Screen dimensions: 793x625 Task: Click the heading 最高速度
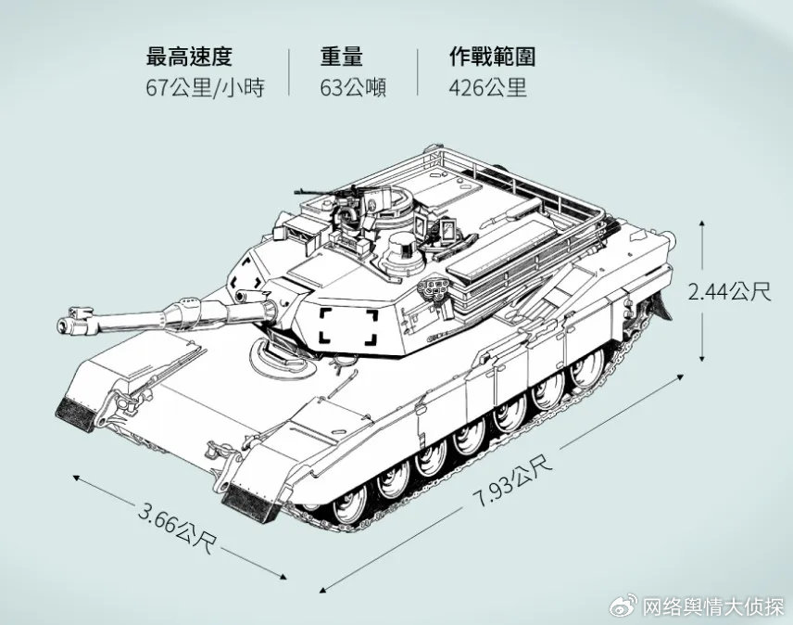(189, 57)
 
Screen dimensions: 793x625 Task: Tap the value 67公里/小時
(206, 87)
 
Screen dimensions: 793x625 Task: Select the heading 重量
(341, 57)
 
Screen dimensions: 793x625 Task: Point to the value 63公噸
(353, 87)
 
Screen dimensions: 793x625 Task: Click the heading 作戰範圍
(492, 57)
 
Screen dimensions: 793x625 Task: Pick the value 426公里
(487, 87)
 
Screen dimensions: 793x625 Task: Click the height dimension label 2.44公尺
(729, 291)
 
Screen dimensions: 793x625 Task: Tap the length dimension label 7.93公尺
(513, 481)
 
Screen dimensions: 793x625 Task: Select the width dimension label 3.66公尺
(177, 528)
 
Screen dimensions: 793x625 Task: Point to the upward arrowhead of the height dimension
(701, 224)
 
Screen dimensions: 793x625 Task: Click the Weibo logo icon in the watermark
(624, 606)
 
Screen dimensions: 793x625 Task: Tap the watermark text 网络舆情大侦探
(713, 606)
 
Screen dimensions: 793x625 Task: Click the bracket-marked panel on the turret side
(348, 327)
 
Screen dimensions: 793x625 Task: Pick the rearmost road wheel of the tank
(588, 368)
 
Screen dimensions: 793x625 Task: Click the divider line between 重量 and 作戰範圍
(417, 71)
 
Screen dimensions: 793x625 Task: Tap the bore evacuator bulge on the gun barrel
(183, 312)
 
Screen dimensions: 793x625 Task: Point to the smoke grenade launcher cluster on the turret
(434, 289)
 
